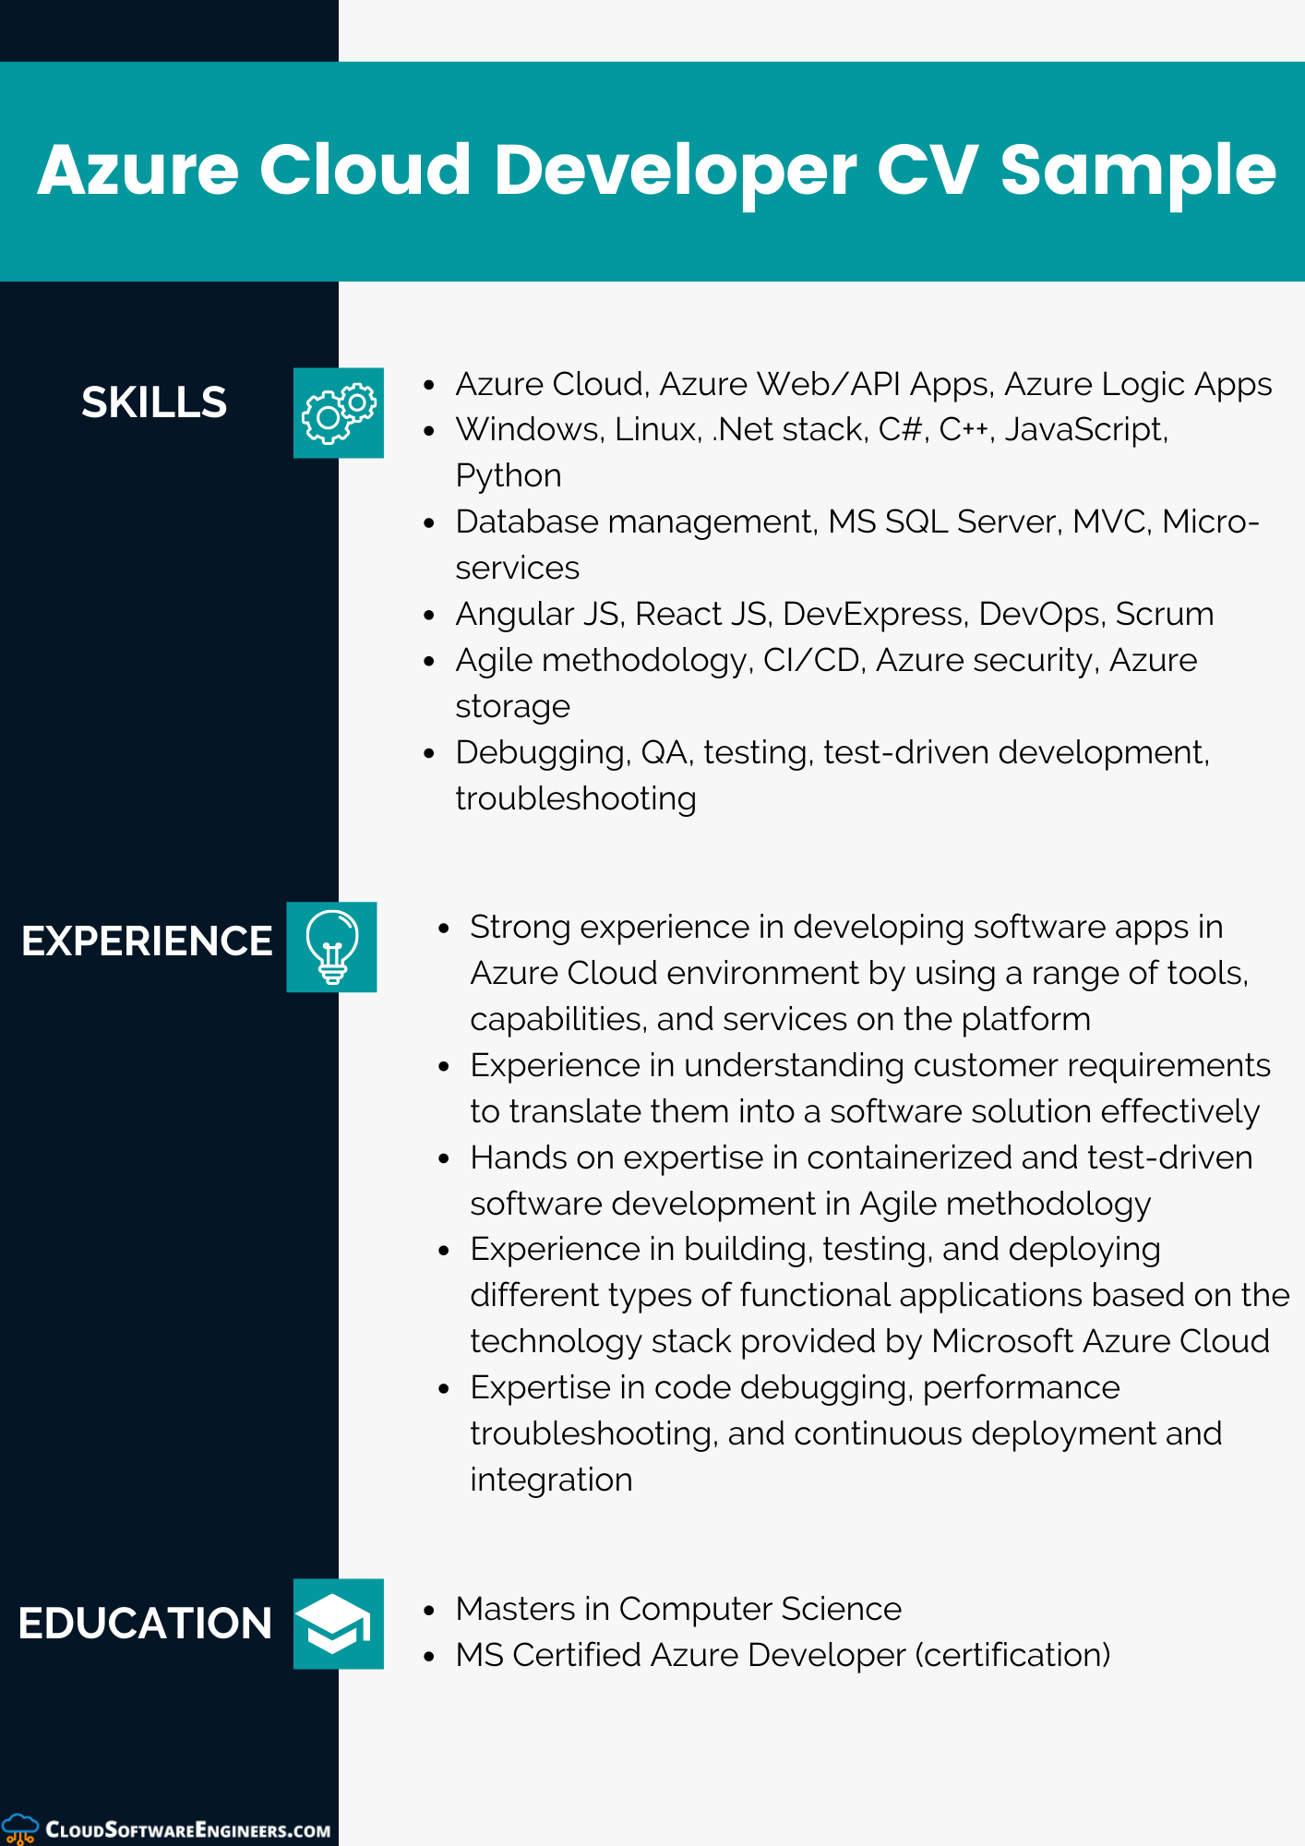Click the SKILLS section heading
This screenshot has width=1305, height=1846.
[154, 402]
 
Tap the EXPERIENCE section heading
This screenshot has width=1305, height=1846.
[147, 941]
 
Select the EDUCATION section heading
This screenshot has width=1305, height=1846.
[145, 1624]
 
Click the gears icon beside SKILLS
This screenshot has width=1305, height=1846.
[338, 413]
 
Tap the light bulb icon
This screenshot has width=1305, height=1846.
[331, 947]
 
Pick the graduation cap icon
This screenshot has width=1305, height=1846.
[338, 1624]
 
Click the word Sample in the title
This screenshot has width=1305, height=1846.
[1138, 171]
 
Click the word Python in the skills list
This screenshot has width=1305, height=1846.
[509, 475]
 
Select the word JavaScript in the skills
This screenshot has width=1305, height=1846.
[1085, 430]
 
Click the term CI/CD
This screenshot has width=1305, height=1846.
[811, 660]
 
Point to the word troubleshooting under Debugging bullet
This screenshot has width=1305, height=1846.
[576, 798]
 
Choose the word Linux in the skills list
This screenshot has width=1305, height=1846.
[656, 429]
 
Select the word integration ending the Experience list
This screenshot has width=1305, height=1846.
[551, 1480]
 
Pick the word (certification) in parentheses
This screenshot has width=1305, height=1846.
[1012, 1655]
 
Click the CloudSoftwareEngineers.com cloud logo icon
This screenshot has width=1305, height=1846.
[19, 1828]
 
